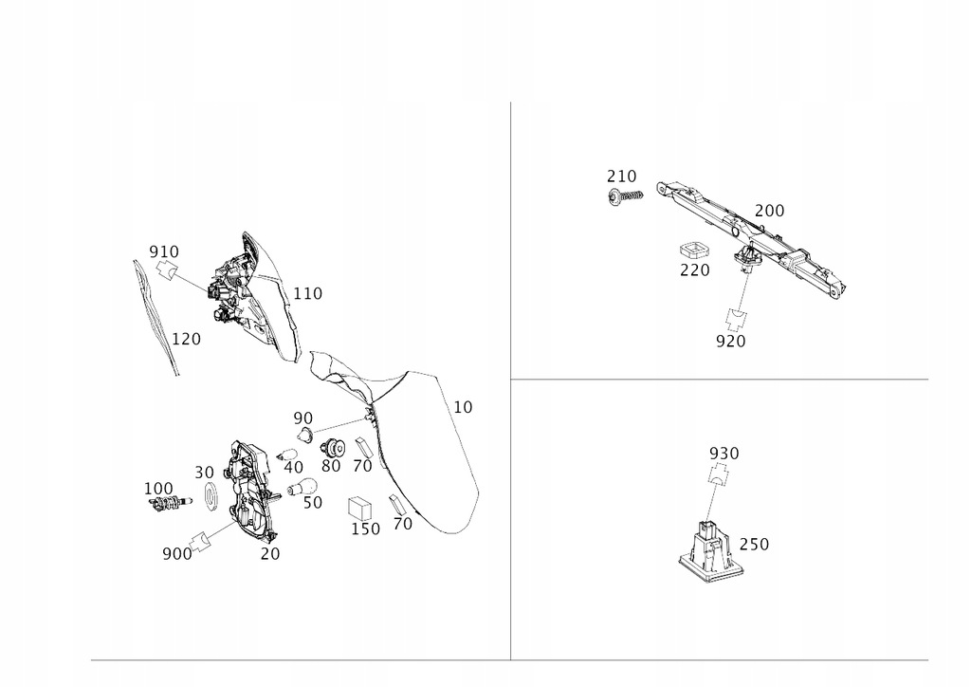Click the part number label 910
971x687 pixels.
164,251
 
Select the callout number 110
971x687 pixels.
307,294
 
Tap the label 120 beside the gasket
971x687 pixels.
186,338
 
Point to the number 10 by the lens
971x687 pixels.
463,407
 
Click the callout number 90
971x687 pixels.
302,418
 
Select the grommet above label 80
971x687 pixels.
331,449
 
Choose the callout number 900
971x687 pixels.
176,552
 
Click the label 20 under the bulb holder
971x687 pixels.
270,553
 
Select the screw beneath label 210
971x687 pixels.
626,196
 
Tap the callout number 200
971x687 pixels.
769,211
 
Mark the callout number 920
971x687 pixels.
731,341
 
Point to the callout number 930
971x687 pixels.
724,454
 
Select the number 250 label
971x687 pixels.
754,545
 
